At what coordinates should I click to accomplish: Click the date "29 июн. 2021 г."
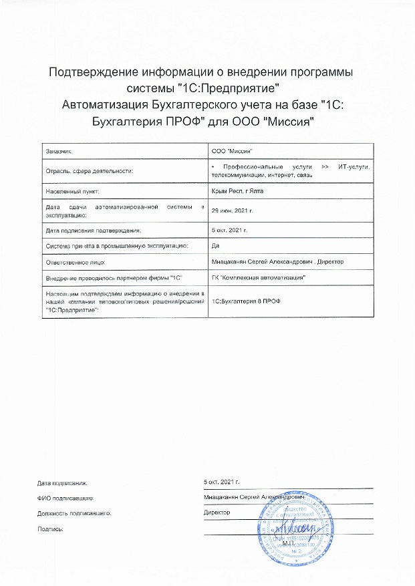click(233, 210)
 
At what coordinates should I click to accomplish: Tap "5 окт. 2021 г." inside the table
click(229, 231)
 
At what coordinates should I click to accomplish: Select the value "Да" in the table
click(215, 245)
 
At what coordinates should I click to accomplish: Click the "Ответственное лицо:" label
click(72, 261)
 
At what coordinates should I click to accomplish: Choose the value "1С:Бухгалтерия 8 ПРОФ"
click(246, 301)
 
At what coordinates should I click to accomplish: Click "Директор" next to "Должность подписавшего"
click(216, 512)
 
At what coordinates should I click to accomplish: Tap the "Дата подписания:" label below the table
click(62, 482)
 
